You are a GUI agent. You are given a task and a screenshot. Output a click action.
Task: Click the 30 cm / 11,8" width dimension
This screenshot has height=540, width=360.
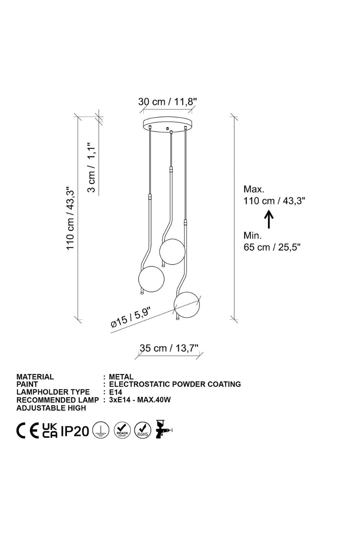168,102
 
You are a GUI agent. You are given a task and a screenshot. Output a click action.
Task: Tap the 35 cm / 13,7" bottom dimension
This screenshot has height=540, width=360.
169,348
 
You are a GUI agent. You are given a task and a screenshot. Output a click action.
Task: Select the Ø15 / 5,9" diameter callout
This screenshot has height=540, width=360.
131,317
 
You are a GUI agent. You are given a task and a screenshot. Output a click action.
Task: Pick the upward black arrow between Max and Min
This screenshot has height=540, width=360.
269,219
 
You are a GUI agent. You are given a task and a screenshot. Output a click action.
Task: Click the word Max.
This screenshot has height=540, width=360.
254,189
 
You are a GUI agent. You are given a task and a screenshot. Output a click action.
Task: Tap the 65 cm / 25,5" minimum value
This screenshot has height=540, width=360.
272,247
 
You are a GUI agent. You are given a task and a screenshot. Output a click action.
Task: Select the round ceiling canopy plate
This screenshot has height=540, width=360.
168,125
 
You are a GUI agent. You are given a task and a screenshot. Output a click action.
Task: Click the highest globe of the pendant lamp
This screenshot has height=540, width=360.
172,251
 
